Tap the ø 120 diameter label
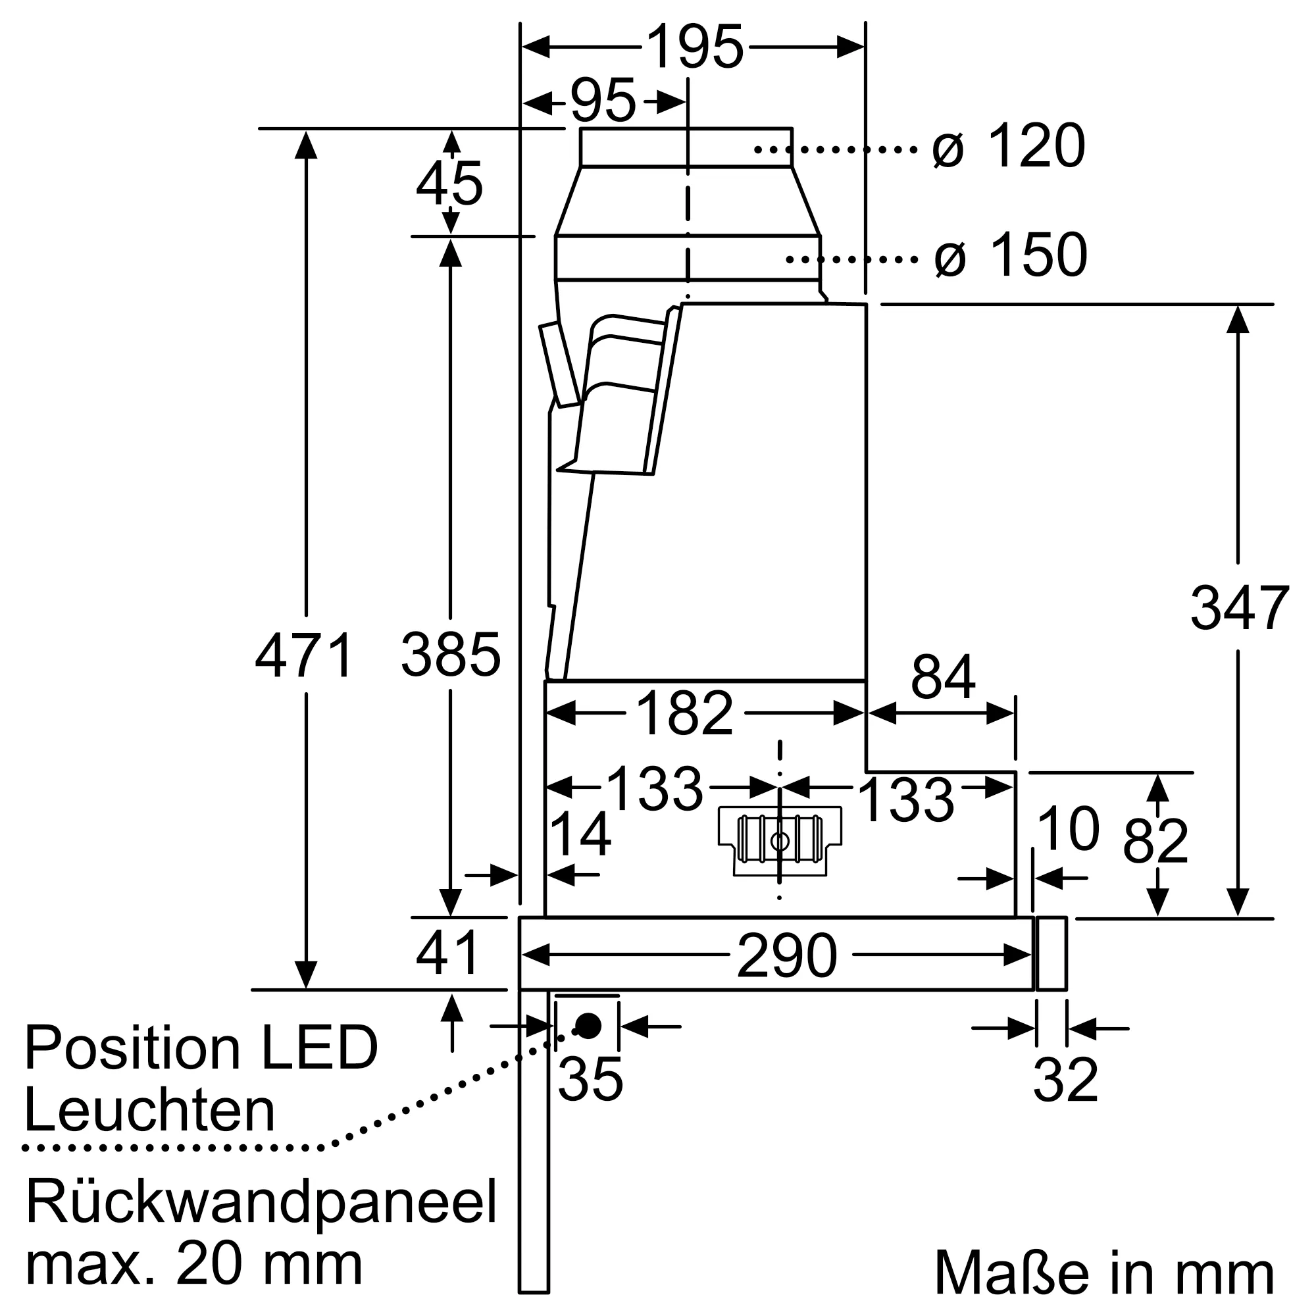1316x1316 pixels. coord(1008,147)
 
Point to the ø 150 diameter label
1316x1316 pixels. coord(1010,256)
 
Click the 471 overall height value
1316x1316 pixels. coord(305,656)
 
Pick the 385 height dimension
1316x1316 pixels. coord(450,656)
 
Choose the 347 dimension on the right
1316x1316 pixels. coord(1239,608)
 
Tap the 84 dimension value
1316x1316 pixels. coord(943,678)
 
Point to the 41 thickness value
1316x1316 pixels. coord(447,953)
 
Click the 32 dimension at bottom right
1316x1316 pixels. coord(1065,1080)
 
